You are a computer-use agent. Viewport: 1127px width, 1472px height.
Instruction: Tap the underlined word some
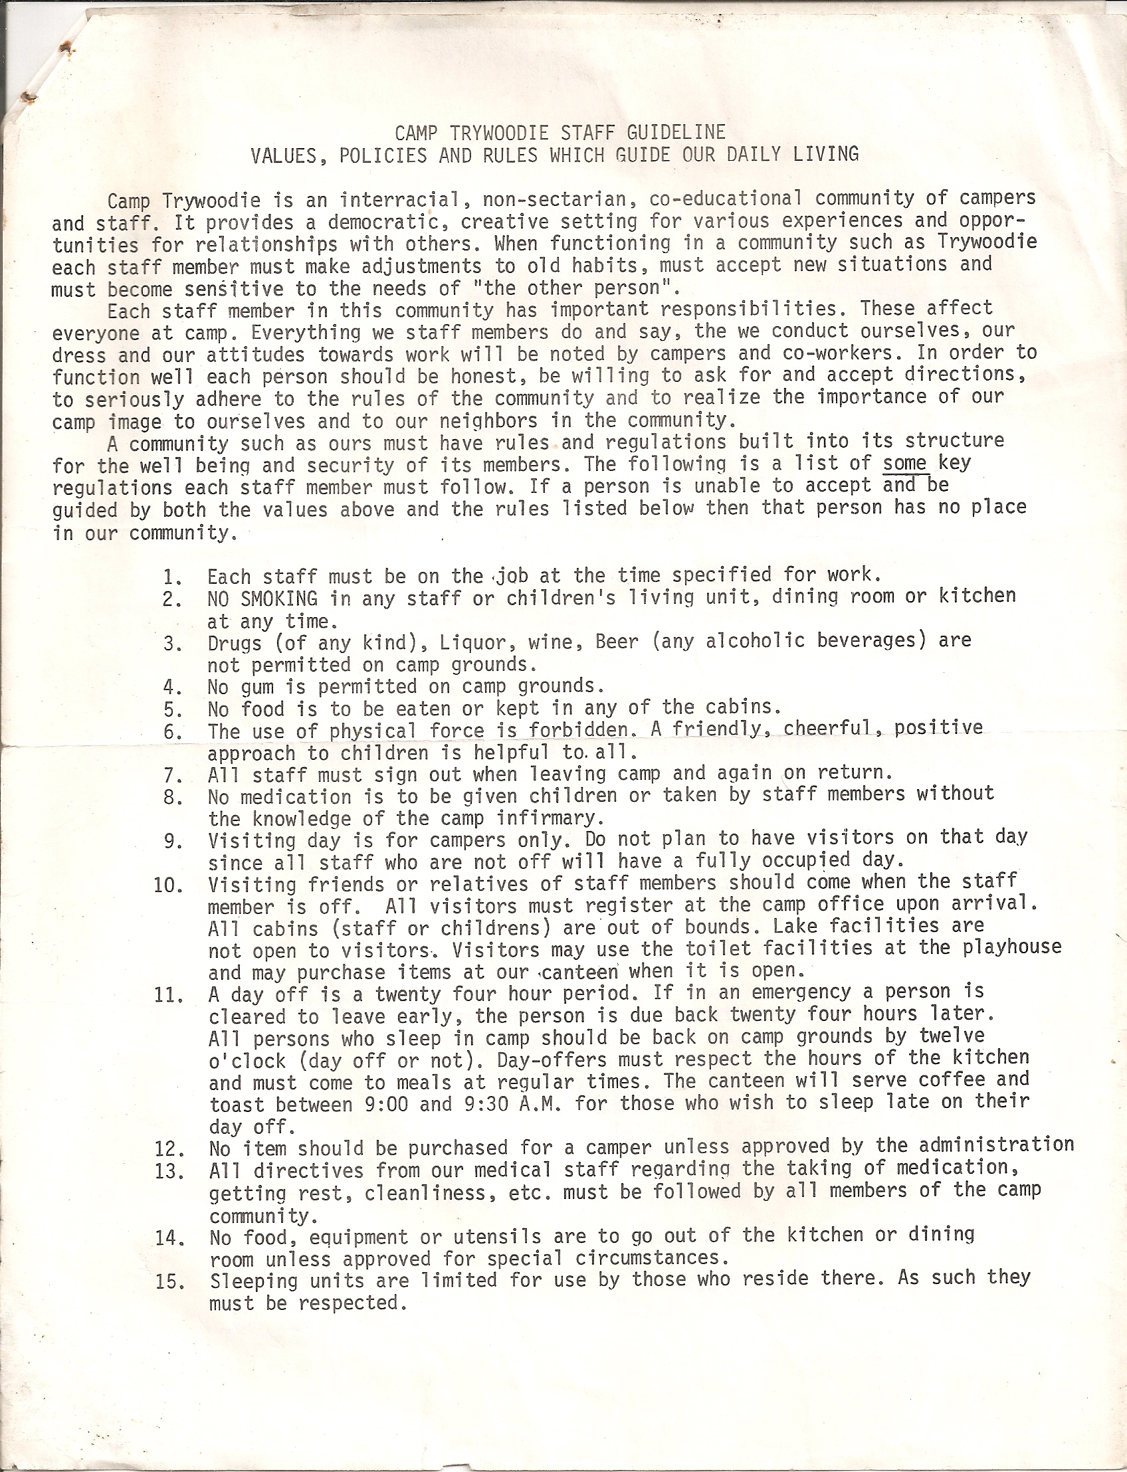(905, 462)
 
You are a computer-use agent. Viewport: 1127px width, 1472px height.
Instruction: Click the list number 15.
(169, 1281)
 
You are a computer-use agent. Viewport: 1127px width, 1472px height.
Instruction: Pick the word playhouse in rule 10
(1012, 948)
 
